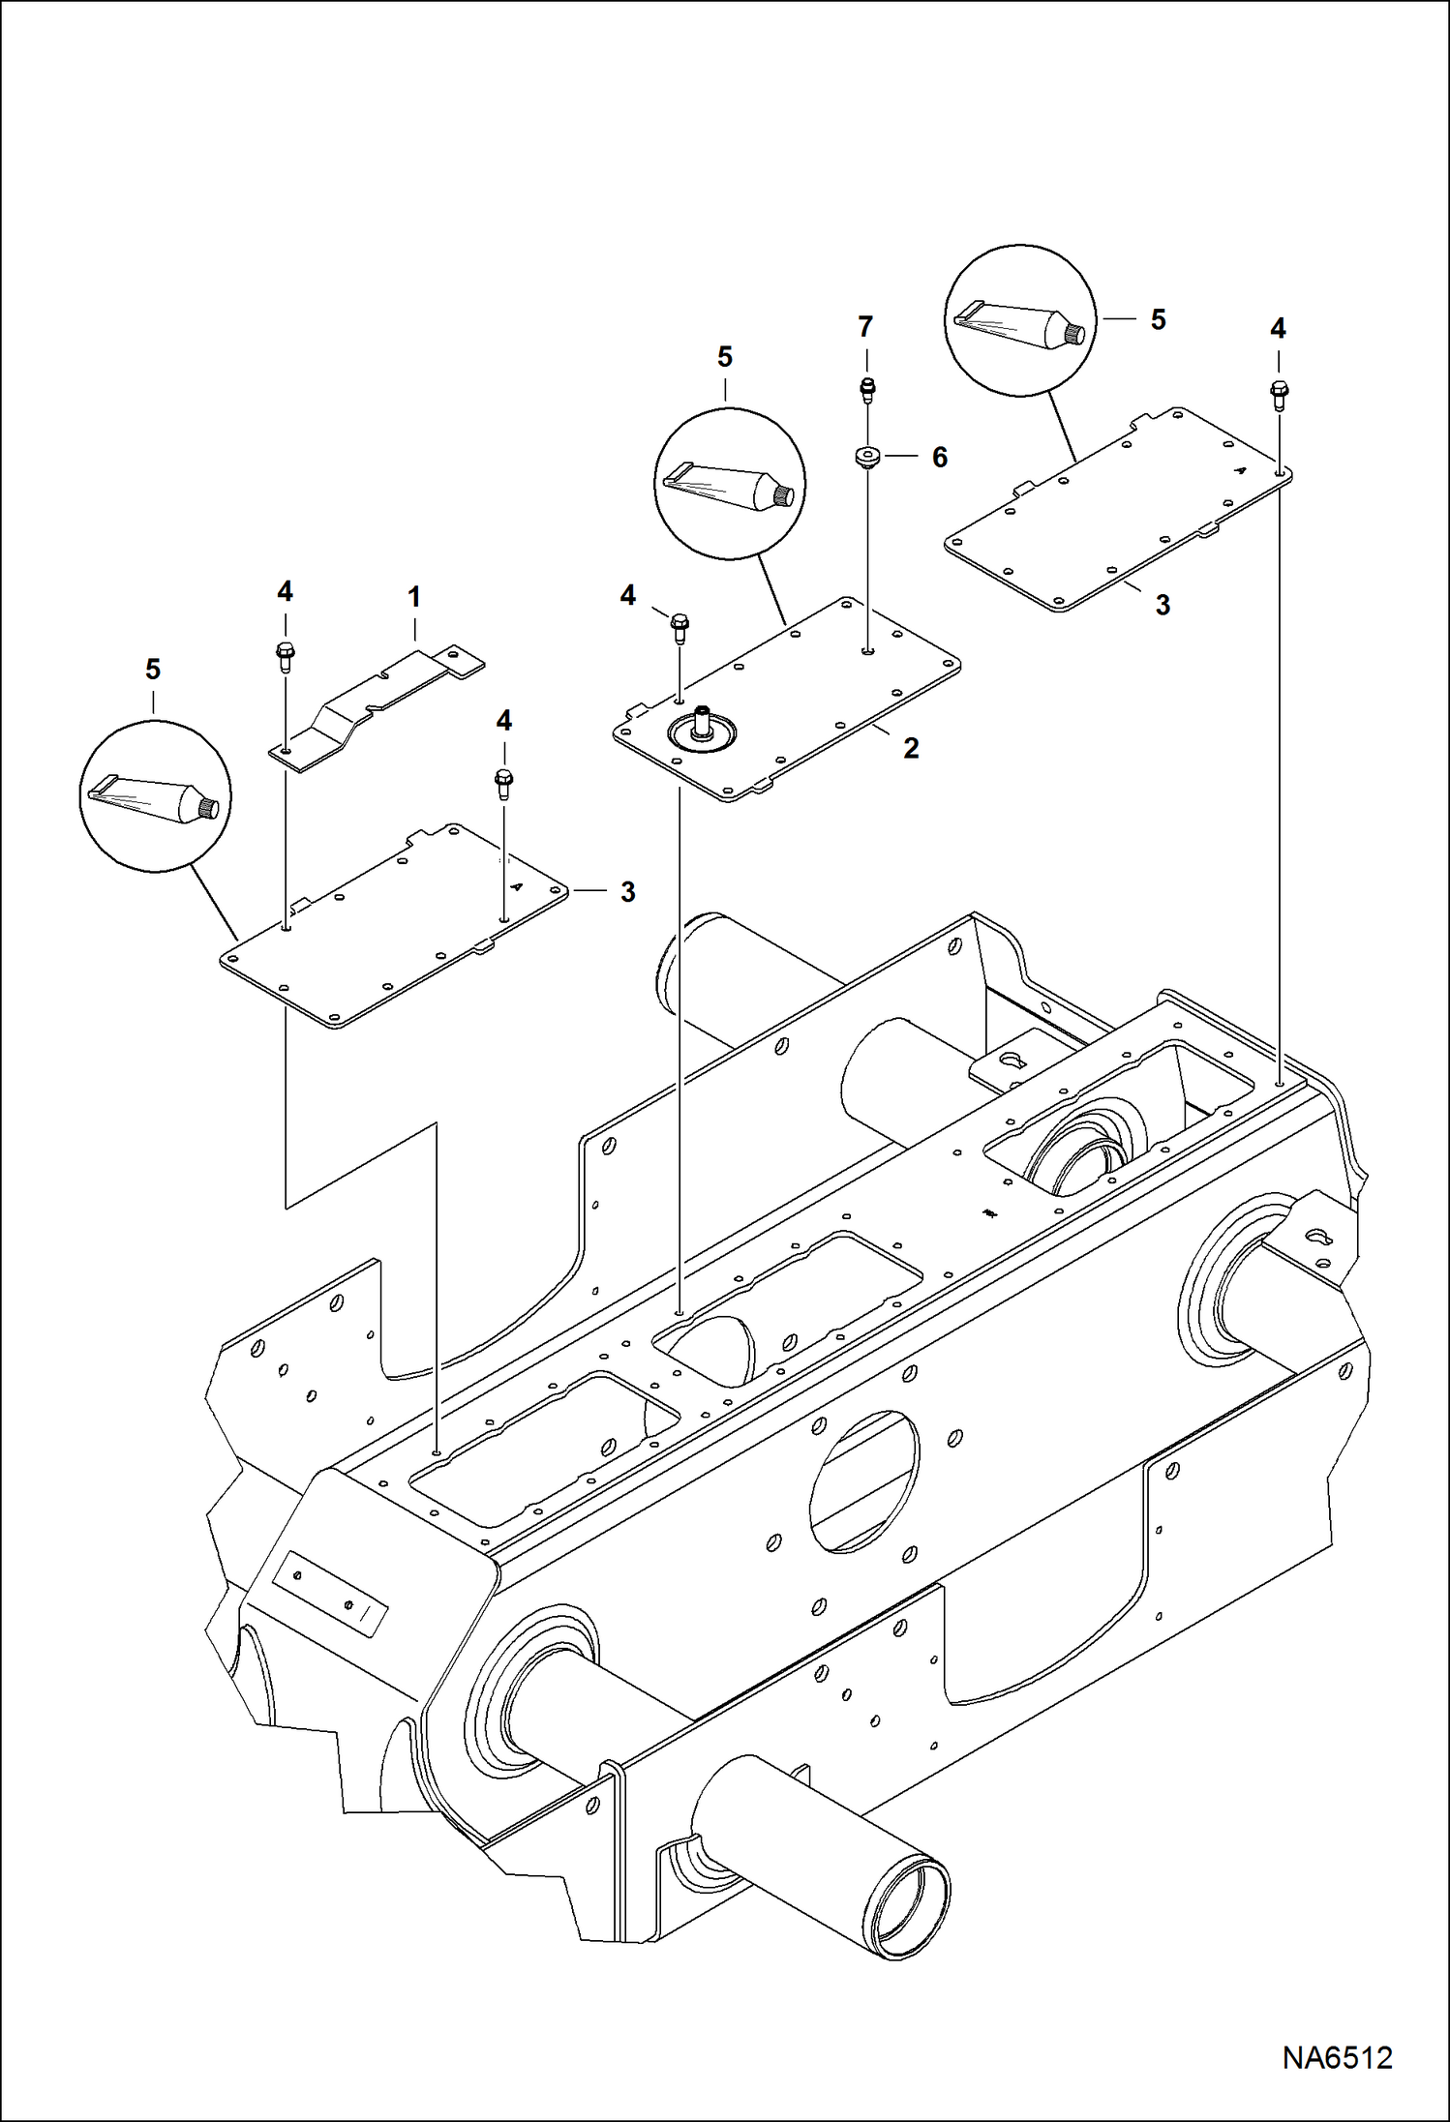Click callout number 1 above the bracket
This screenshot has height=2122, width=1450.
tap(414, 597)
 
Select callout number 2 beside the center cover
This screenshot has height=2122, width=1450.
tap(911, 747)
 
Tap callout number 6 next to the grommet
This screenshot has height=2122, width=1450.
tap(939, 457)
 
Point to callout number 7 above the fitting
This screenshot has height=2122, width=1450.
tap(865, 327)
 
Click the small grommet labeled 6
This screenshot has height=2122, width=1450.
tap(866, 457)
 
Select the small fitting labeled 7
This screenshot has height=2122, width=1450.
tap(868, 389)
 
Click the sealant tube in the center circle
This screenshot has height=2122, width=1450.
tap(730, 484)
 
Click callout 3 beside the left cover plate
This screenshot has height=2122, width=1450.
tap(627, 891)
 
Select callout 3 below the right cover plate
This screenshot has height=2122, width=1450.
tap(1163, 606)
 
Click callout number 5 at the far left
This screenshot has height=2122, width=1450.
tap(153, 670)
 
